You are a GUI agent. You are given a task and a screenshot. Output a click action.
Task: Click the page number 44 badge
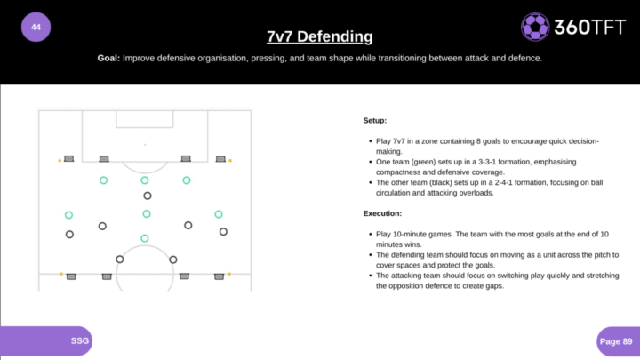(x=36, y=28)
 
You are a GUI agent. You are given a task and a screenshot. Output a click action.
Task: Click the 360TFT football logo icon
(x=534, y=28)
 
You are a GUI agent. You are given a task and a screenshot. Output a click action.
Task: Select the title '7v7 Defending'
(x=319, y=36)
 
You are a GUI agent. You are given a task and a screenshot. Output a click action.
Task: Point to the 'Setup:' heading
(x=375, y=120)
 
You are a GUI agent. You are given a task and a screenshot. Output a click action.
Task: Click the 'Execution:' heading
(x=383, y=213)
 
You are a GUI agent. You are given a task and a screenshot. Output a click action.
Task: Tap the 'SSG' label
(x=80, y=340)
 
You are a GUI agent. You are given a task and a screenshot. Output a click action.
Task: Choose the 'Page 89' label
(x=615, y=340)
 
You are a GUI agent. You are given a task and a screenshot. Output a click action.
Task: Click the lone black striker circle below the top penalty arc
(x=148, y=196)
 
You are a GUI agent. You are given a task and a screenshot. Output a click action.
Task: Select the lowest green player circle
(x=145, y=238)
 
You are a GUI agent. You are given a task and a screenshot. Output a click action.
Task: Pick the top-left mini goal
(x=69, y=159)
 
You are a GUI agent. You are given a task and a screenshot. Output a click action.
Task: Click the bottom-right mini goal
(x=219, y=276)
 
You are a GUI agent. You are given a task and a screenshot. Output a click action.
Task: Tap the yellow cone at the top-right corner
(x=230, y=160)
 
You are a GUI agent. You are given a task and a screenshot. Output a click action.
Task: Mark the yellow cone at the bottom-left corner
(x=60, y=274)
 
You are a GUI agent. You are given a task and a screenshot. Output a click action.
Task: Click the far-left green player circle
(x=68, y=215)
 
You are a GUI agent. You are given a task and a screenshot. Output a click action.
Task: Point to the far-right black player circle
(x=223, y=232)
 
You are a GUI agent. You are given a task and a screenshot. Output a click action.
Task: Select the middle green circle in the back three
(x=145, y=180)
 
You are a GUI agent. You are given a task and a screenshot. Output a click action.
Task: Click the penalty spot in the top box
(x=144, y=144)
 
